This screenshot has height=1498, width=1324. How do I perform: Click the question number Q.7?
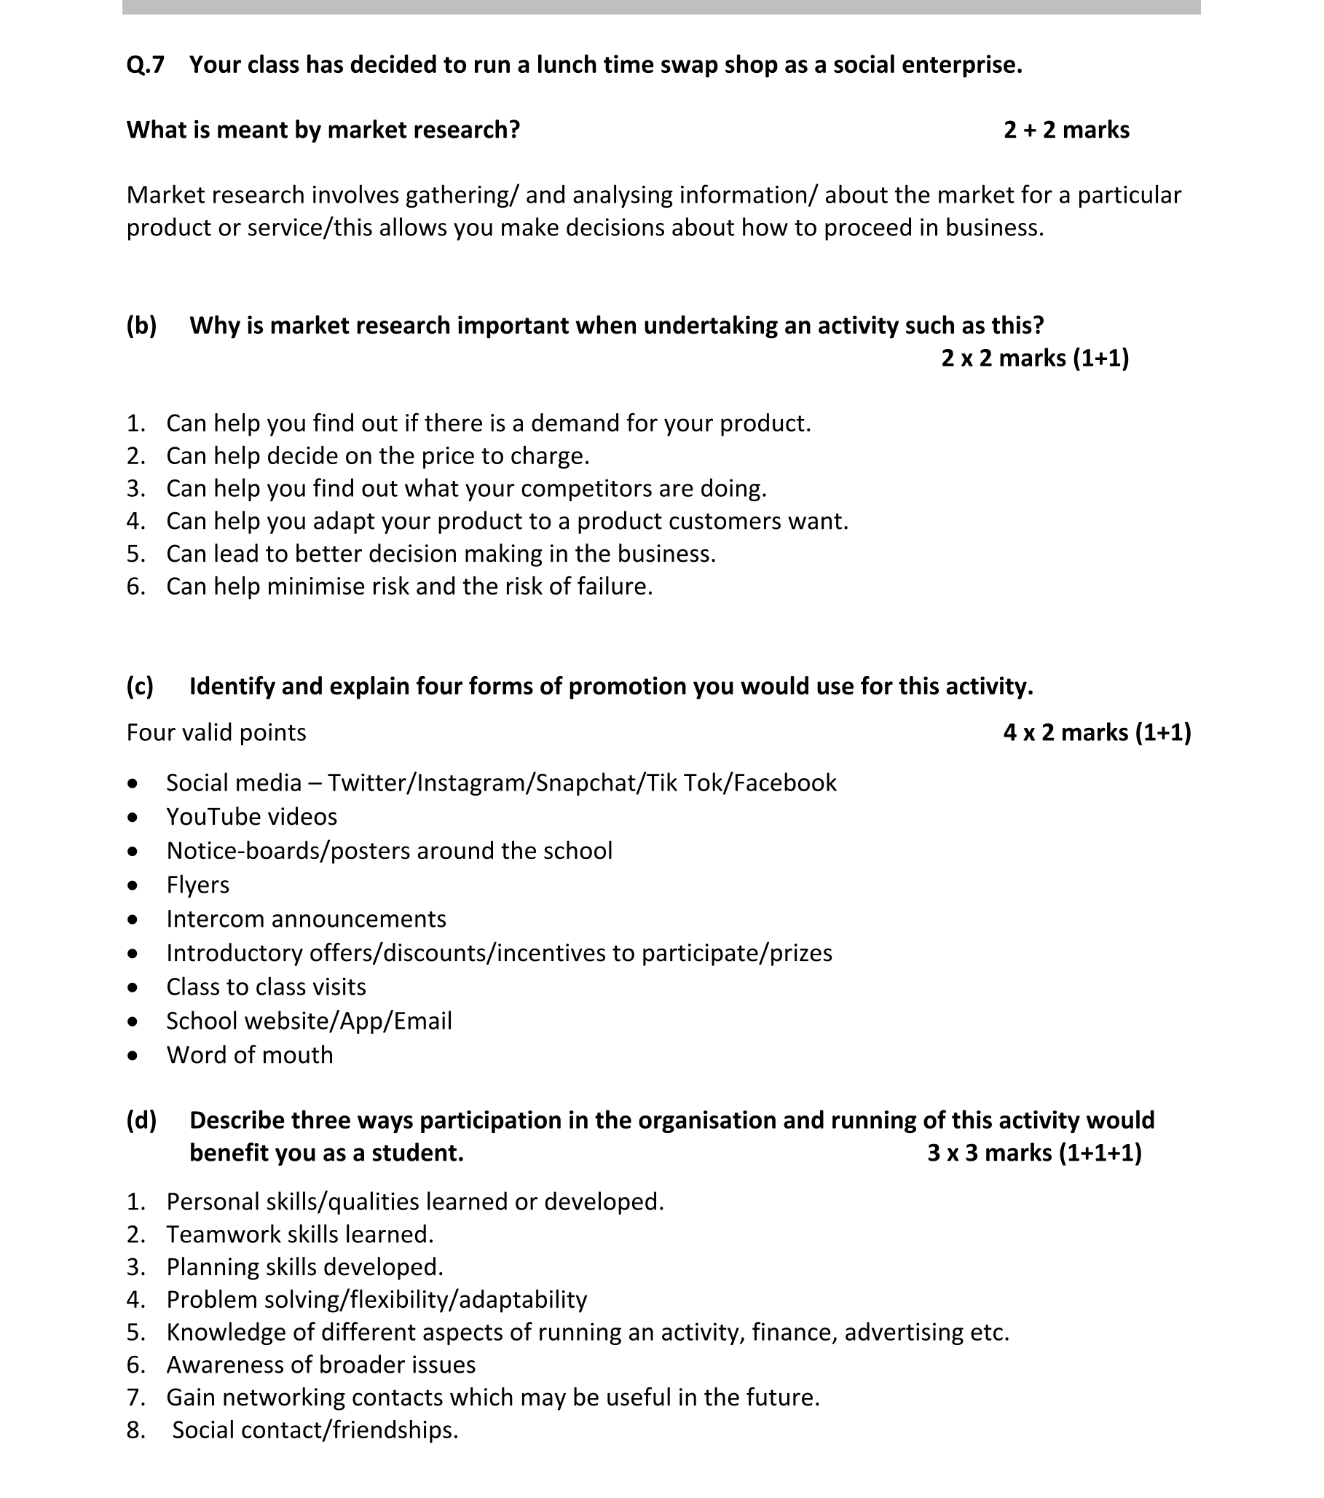[145, 66]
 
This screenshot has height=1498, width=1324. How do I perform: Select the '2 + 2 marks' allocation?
[1065, 130]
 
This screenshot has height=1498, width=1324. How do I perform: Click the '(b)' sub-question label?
[141, 326]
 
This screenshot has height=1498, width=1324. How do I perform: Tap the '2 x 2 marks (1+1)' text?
[1034, 358]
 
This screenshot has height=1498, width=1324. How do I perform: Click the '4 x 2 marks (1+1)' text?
[1096, 732]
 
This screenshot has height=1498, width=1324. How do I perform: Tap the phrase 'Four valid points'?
[216, 732]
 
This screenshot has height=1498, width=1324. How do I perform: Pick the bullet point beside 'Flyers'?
[132, 885]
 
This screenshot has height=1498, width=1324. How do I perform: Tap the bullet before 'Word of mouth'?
[132, 1055]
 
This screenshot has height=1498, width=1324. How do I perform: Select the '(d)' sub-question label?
[141, 1120]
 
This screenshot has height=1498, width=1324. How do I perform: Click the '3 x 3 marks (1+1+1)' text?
[1033, 1153]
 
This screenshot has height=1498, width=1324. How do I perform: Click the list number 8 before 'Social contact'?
[135, 1430]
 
